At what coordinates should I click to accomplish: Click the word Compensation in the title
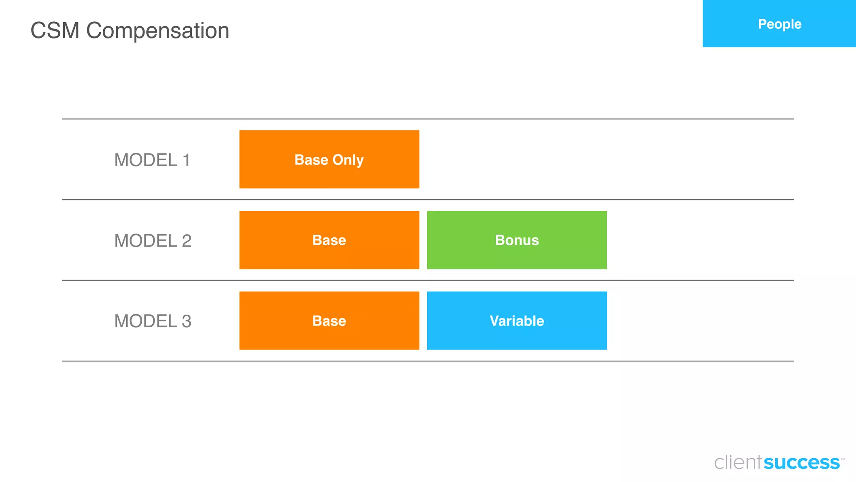[x=158, y=31]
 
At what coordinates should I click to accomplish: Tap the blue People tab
[x=779, y=23]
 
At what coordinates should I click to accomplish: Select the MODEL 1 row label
[x=152, y=160]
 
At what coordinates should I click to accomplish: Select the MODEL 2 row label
[x=153, y=241]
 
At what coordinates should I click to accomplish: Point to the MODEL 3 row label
[x=153, y=321]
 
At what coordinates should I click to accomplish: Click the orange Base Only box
[x=329, y=159]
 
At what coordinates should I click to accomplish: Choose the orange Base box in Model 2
[x=329, y=240]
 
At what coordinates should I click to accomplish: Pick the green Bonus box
[x=517, y=240]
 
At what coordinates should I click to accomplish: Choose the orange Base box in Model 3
[x=329, y=320]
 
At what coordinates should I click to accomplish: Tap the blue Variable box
[x=517, y=320]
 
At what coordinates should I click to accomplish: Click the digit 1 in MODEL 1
[x=186, y=160]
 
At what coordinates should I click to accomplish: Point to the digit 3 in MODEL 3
[x=186, y=321]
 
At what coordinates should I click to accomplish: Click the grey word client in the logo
[x=738, y=463]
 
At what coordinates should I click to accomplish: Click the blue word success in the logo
[x=802, y=463]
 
